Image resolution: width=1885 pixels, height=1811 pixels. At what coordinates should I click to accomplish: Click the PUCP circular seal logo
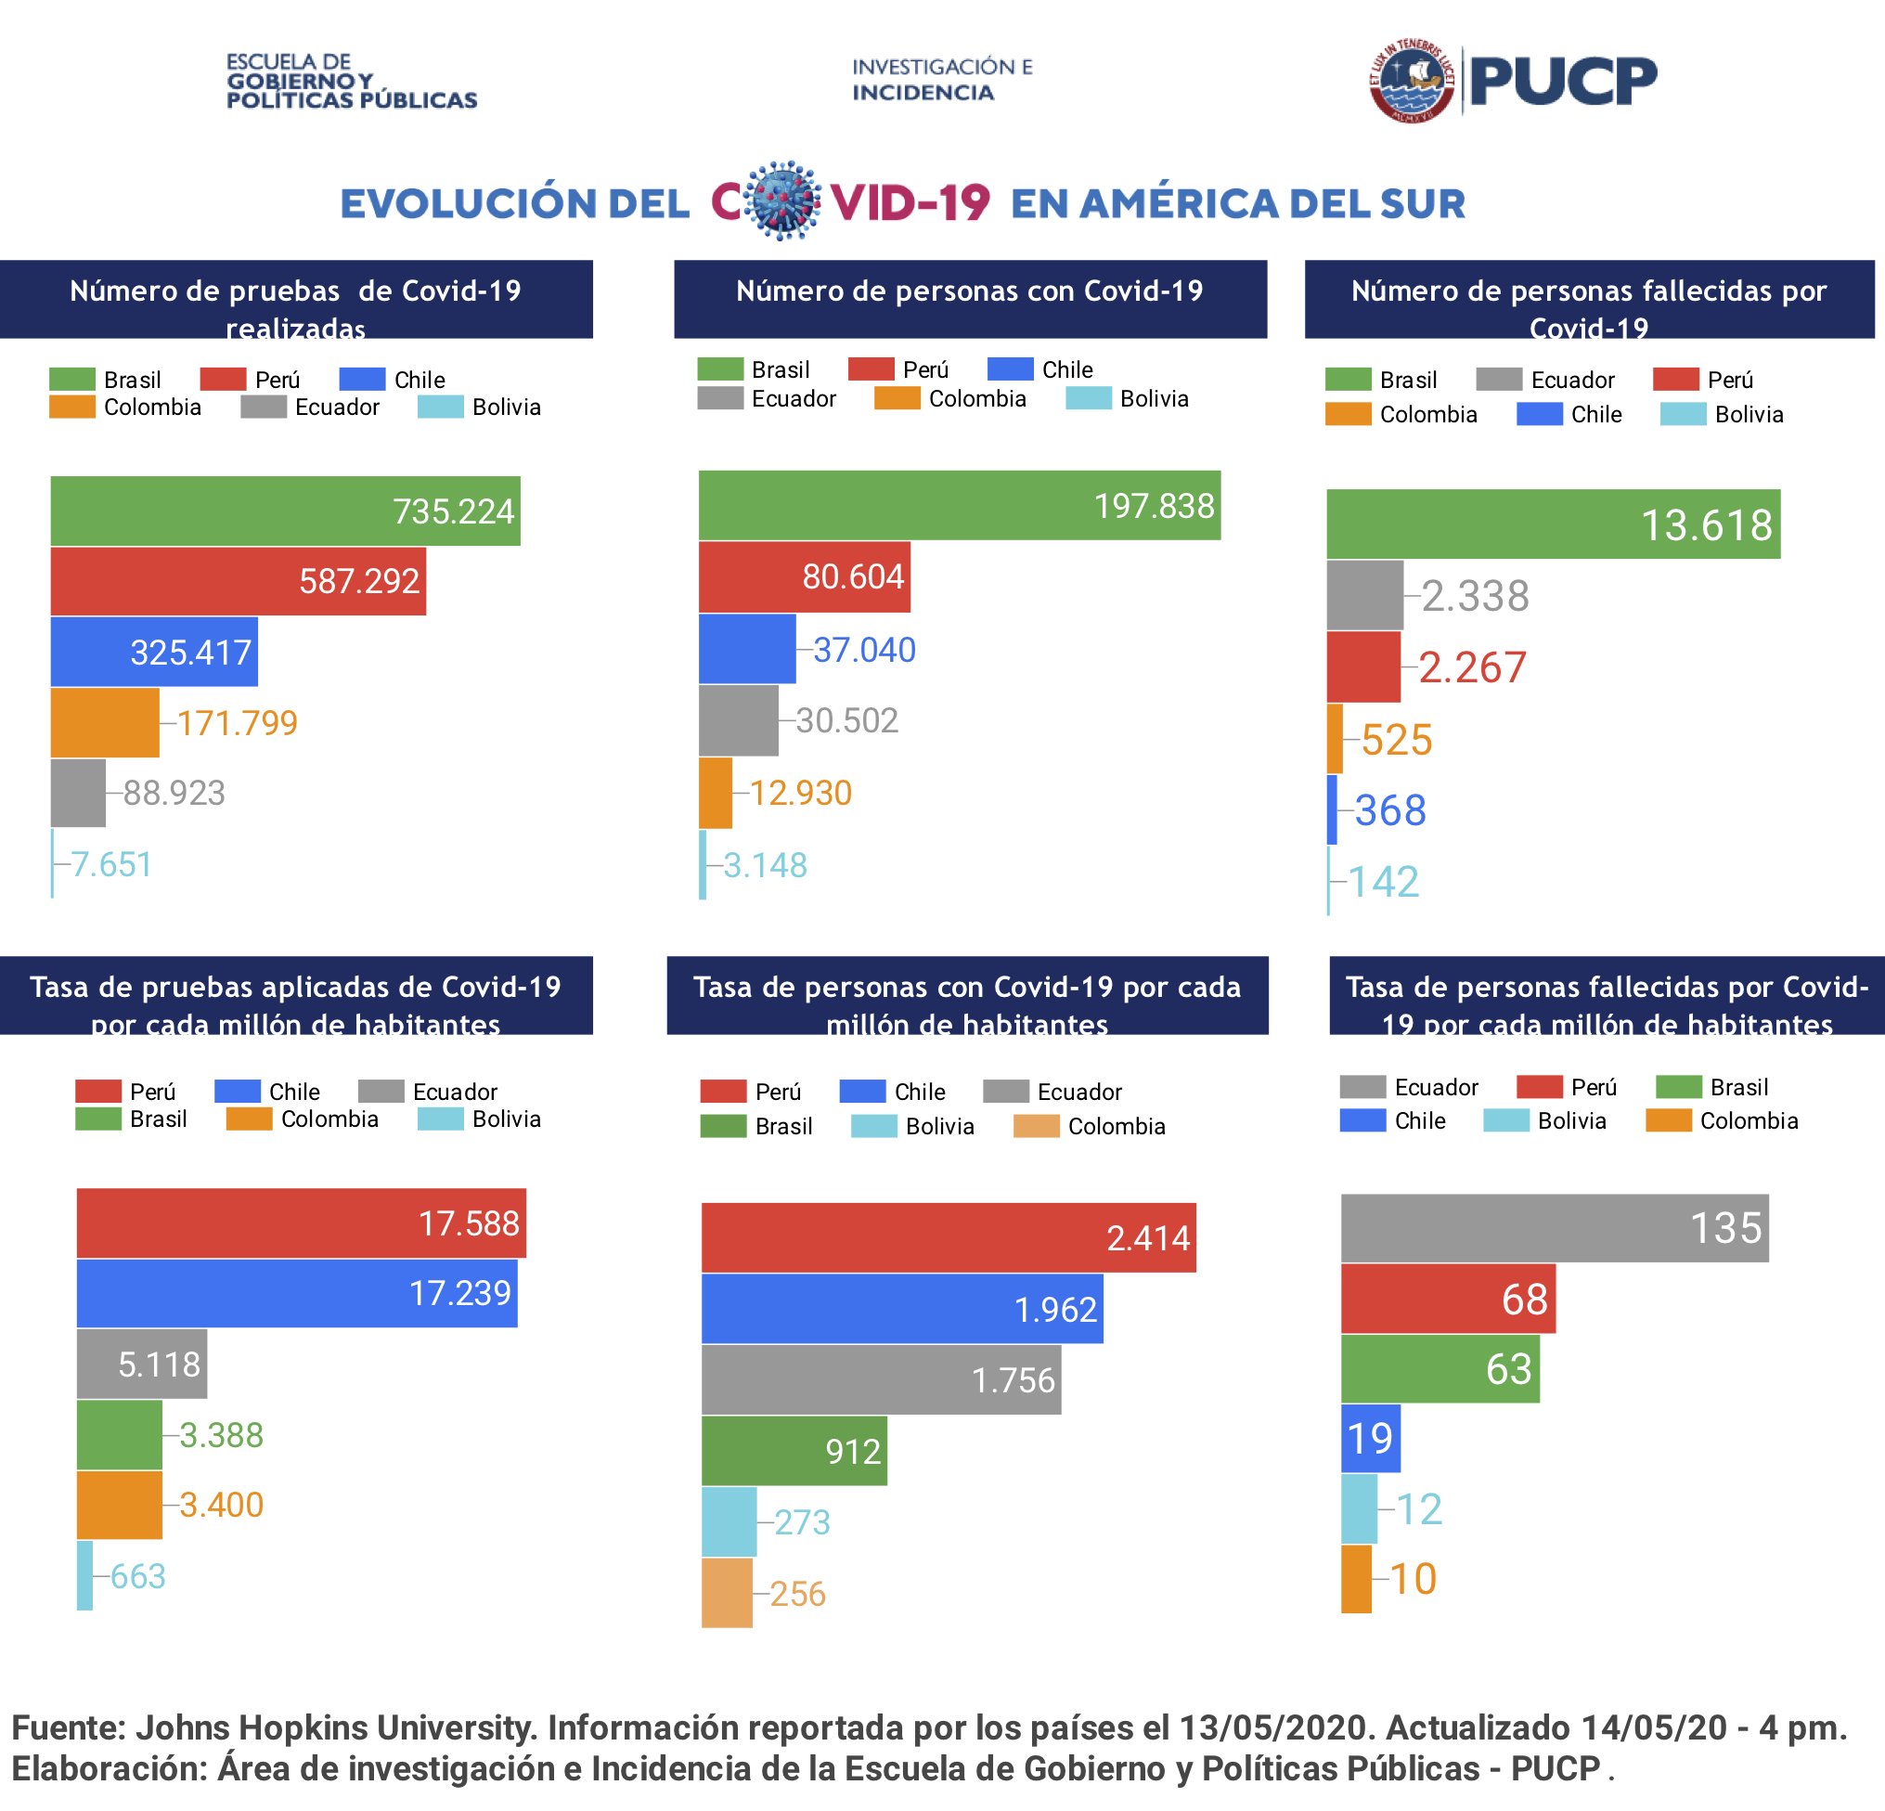pos(1411,81)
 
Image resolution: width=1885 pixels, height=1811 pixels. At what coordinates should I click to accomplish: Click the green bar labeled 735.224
pos(285,511)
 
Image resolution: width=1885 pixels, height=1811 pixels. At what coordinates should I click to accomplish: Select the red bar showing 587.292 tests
pos(238,581)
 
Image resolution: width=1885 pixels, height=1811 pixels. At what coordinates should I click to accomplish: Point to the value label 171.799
pos(237,722)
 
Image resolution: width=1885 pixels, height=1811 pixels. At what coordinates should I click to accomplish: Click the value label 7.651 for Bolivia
pos(110,863)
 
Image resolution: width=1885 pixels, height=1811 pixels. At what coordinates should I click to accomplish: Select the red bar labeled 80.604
pos(804,577)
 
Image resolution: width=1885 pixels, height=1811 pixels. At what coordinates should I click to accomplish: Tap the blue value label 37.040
pos(864,650)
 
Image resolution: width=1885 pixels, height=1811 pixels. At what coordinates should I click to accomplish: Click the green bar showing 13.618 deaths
pos(1552,524)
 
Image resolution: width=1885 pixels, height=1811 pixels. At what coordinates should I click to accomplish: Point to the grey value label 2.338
pos(1475,596)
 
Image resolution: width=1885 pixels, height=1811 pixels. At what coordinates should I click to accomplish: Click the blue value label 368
pos(1389,810)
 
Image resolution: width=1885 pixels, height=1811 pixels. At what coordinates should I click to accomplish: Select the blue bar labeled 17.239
pos(296,1293)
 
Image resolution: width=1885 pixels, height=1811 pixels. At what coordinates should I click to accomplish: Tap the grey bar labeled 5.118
pos(141,1364)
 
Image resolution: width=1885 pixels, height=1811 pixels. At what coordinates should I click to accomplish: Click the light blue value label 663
pos(137,1576)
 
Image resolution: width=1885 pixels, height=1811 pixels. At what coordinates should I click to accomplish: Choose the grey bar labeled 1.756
pos(880,1380)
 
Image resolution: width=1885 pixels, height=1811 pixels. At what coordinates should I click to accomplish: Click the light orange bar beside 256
pos(726,1594)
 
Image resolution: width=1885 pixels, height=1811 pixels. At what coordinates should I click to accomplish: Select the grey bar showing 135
pos(1554,1228)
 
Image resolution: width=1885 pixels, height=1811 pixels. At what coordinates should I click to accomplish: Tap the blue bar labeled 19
pos(1371,1439)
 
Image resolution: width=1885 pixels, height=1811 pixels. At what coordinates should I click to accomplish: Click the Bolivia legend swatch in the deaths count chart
pos(1682,415)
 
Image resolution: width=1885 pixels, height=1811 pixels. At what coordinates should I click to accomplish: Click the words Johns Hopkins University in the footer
pos(336,1728)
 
